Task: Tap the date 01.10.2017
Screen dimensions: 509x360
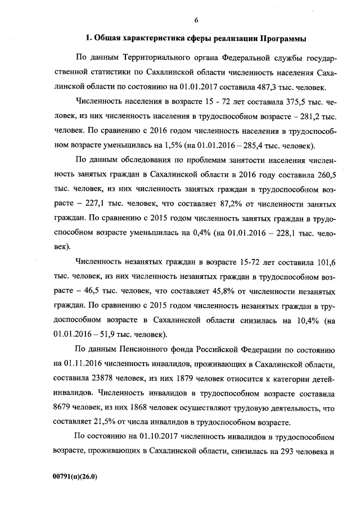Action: point(145,437)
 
